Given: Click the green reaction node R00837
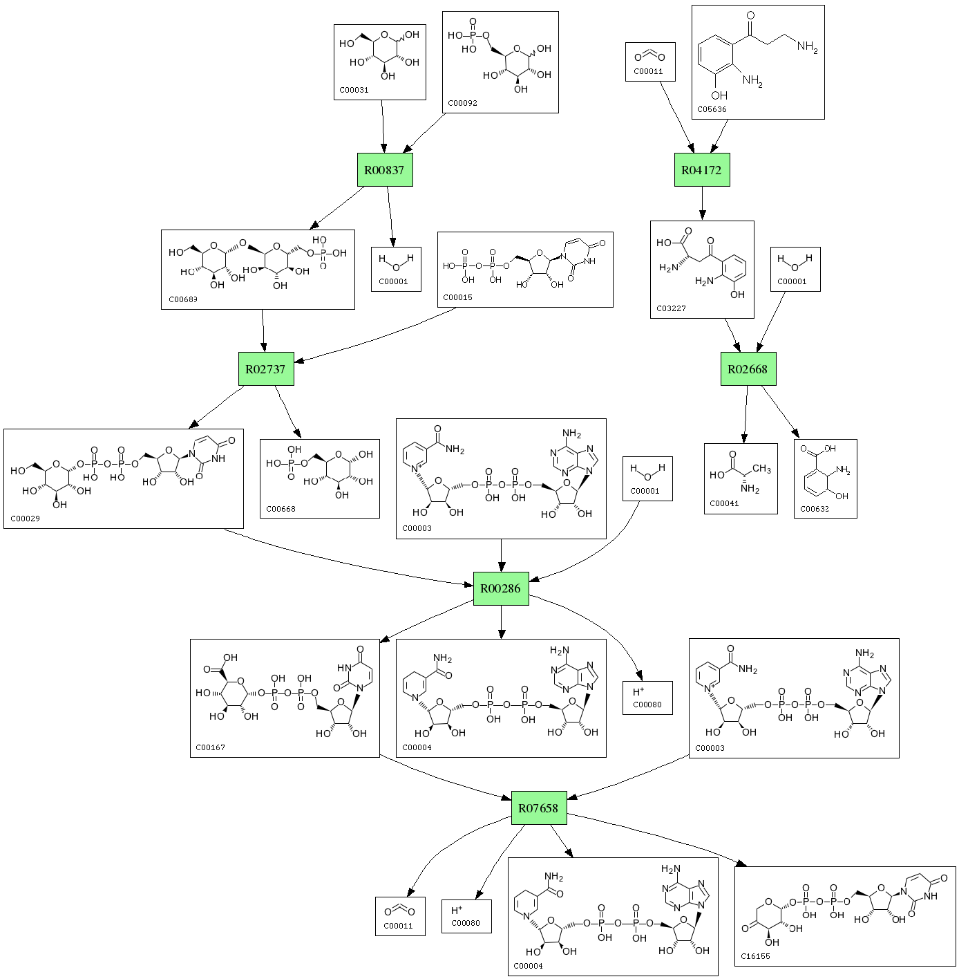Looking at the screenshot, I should point(385,169).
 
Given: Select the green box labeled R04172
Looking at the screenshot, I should point(702,169).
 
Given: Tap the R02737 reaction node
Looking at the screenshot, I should point(265,369).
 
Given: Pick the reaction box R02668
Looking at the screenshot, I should point(748,369).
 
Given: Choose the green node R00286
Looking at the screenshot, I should point(501,588).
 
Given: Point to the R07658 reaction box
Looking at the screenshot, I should point(538,808).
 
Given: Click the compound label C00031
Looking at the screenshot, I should point(354,90).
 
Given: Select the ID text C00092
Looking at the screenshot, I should point(462,103).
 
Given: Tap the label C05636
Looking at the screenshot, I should point(712,109).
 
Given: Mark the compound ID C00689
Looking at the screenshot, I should point(182,300).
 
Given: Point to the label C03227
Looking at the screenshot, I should point(672,308).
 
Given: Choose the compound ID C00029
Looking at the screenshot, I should point(26,519).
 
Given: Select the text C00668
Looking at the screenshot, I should point(281,509).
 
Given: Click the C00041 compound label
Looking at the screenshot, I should point(725,503).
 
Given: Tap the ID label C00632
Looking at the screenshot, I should point(814,509).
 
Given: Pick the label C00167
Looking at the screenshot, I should point(210,747).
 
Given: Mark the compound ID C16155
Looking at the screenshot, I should point(755,956).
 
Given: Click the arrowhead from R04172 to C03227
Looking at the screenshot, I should point(702,215).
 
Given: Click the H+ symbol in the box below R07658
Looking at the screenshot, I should point(457,911).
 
